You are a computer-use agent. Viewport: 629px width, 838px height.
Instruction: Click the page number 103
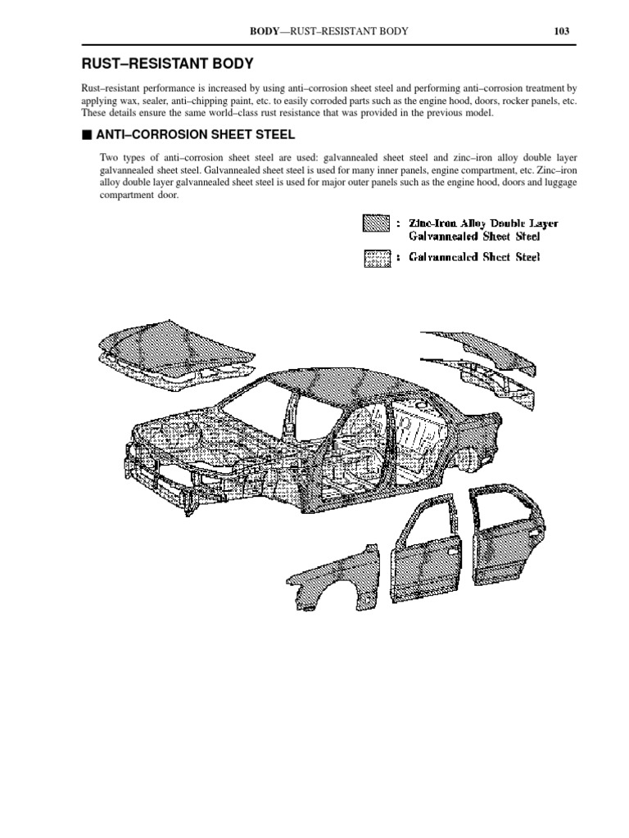point(561,31)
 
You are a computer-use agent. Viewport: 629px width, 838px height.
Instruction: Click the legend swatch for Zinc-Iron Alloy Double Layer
point(376,223)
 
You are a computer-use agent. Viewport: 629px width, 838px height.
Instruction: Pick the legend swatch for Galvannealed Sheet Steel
point(376,259)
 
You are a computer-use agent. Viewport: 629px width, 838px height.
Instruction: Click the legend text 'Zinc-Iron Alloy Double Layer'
point(478,222)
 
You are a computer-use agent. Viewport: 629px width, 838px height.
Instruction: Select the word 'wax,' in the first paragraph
point(133,101)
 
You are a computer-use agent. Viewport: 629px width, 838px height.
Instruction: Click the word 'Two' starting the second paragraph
point(109,157)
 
